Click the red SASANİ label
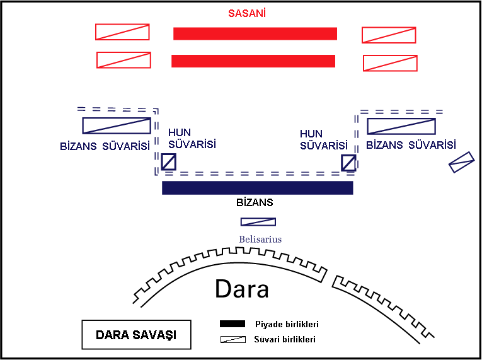click(247, 13)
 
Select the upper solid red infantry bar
click(255, 33)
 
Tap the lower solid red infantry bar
click(253, 61)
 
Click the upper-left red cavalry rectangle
click(122, 32)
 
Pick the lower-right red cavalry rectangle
click(390, 63)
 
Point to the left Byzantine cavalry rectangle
click(117, 125)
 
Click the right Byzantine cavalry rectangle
click(402, 125)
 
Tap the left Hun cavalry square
click(168, 163)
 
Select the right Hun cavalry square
click(348, 163)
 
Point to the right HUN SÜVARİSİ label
click(323, 140)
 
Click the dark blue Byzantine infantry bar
click(257, 187)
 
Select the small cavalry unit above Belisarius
click(258, 222)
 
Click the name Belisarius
click(260, 240)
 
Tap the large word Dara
click(242, 289)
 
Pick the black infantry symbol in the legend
click(232, 324)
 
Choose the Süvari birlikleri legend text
click(285, 339)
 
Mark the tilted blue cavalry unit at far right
click(461, 162)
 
